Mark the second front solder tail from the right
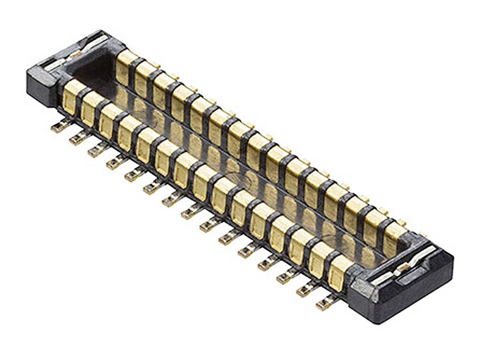point(306,291)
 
